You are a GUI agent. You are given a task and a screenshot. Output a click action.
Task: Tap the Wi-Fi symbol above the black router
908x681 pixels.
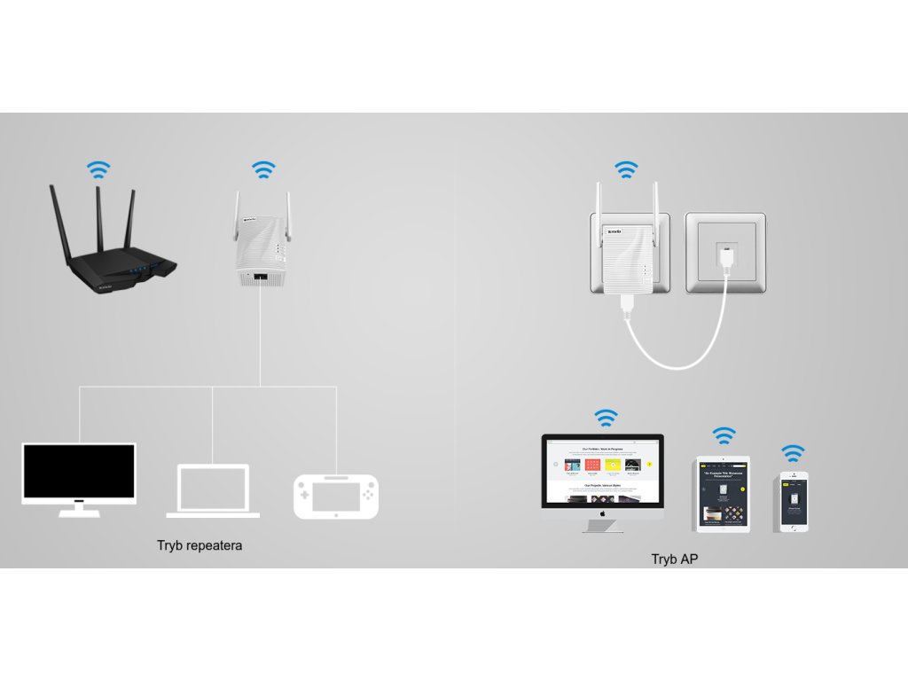98,169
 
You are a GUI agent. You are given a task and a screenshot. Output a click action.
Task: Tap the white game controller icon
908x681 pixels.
336,496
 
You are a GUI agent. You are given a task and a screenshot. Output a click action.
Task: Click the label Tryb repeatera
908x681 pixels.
200,545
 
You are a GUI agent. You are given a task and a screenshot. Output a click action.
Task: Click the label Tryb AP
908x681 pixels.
676,559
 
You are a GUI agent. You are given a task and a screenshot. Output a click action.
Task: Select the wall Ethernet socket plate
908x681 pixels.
725,252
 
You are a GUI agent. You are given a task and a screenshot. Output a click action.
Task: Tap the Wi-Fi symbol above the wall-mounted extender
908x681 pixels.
627,169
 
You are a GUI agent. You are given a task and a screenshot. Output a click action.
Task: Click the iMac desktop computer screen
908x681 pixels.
603,471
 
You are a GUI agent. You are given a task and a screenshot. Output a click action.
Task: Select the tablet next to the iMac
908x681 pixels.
723,494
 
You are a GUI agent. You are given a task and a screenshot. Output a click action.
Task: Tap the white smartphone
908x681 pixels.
793,501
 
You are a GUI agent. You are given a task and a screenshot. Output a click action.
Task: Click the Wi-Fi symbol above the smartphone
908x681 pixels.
793,453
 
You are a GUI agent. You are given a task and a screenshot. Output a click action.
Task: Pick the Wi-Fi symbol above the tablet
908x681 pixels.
724,435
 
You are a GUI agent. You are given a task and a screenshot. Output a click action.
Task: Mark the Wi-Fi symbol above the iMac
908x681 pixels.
607,417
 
